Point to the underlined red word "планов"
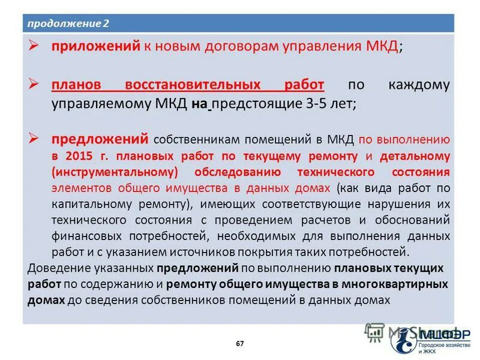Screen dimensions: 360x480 click(76, 85)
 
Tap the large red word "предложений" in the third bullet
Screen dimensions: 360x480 click(100, 139)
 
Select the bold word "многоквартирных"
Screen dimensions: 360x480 click(405, 283)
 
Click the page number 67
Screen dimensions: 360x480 click(240, 344)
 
